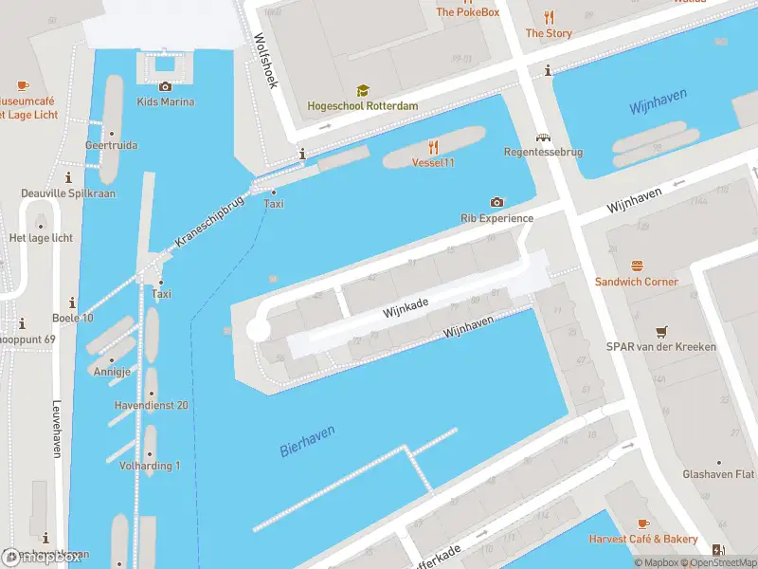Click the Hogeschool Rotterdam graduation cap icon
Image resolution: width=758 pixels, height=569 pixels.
point(362,90)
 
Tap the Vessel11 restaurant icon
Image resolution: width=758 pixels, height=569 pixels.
point(433,146)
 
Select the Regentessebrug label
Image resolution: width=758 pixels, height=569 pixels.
point(543,152)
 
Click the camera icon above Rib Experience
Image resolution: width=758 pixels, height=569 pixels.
point(496,202)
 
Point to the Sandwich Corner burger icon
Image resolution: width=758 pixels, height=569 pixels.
point(637,266)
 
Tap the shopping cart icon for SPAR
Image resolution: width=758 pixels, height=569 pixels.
point(661,331)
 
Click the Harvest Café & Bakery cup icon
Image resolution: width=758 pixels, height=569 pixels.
point(643,523)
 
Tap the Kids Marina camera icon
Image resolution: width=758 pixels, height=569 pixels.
point(166,86)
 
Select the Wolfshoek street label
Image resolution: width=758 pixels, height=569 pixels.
point(265,62)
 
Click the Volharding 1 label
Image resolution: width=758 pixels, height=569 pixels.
point(150,466)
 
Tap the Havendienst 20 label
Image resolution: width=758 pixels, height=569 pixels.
point(151,405)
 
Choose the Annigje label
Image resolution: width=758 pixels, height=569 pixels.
point(111,372)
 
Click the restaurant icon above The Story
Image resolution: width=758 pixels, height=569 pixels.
point(549,17)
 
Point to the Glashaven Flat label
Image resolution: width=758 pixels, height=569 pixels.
point(719,474)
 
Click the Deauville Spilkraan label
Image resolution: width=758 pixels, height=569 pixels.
point(68,193)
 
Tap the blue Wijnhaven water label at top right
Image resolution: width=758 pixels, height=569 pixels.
point(659,103)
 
